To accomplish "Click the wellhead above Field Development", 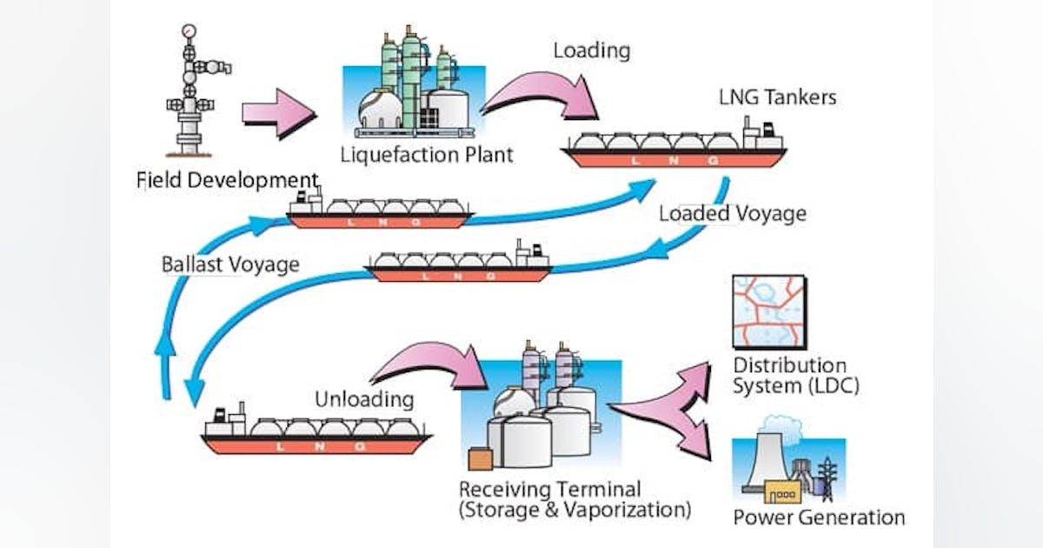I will pyautogui.click(x=190, y=96).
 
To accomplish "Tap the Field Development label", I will pyautogui.click(x=228, y=181).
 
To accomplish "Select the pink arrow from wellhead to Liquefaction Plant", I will pyautogui.click(x=277, y=112).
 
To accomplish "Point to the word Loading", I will pyautogui.click(x=591, y=50).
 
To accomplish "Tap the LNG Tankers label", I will pyautogui.click(x=777, y=97).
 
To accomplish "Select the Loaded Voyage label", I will pyautogui.click(x=732, y=213).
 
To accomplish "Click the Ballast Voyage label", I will pyautogui.click(x=230, y=264).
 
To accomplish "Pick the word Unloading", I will pyautogui.click(x=364, y=399).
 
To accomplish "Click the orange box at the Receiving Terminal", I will pyautogui.click(x=479, y=460).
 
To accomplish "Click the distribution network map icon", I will pyautogui.click(x=768, y=311).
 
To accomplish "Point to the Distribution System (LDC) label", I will pyautogui.click(x=795, y=375).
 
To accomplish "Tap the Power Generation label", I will pyautogui.click(x=819, y=518).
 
